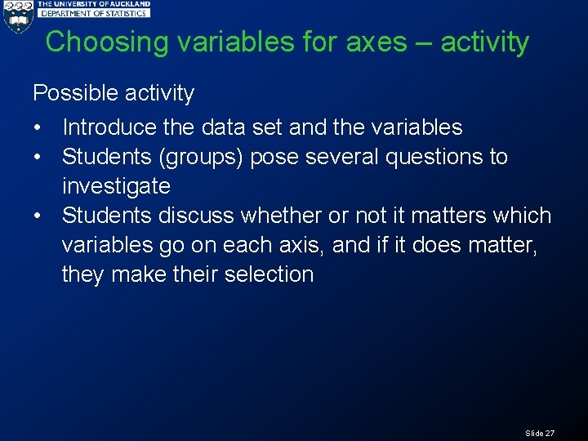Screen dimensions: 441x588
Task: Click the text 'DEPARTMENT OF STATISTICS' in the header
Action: click(95, 14)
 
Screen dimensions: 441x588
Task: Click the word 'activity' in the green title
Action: click(484, 42)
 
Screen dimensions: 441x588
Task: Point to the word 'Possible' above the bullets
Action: click(67, 93)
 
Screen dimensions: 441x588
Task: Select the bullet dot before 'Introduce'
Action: click(38, 128)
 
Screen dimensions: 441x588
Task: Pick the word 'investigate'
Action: click(116, 186)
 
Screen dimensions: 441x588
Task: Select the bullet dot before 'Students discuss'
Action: click(38, 216)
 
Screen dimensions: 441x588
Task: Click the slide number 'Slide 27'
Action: click(540, 433)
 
